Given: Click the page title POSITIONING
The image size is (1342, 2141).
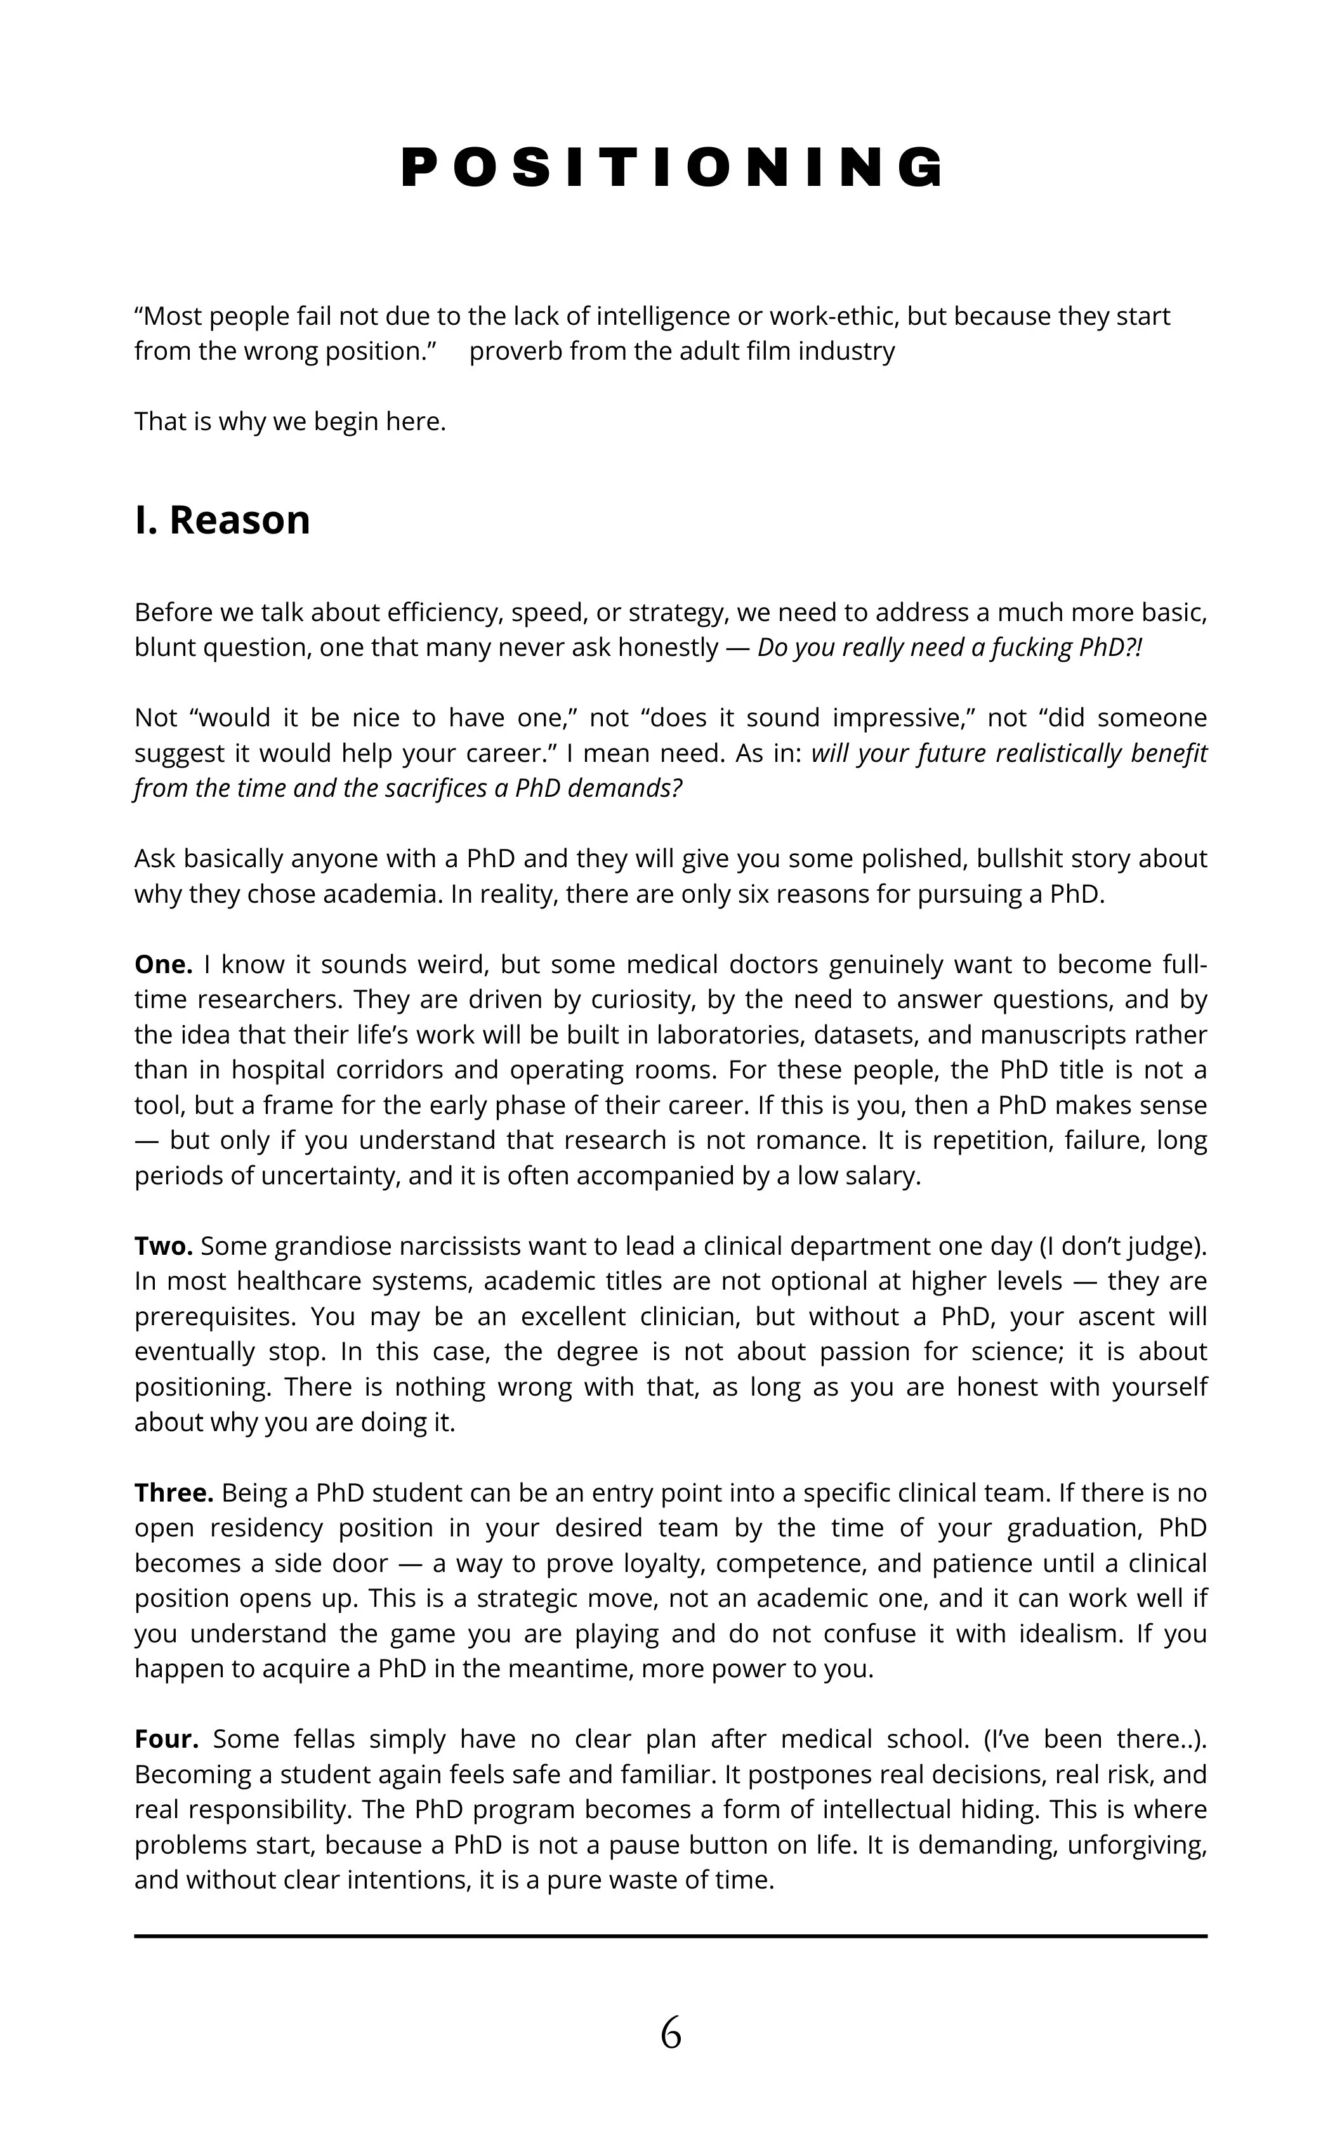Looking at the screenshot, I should pyautogui.click(x=671, y=167).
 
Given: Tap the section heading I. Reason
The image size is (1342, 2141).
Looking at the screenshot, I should pyautogui.click(x=222, y=521).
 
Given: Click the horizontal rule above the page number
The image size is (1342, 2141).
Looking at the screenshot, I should pyautogui.click(x=671, y=1936).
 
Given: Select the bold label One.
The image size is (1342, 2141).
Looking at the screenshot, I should pyautogui.click(x=163, y=964).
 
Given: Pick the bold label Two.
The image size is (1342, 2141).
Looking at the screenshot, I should pyautogui.click(x=163, y=1247).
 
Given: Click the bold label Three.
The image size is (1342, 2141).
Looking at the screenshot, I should pyautogui.click(x=174, y=1493).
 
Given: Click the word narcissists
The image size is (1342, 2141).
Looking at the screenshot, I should pyautogui.click(x=447, y=1247).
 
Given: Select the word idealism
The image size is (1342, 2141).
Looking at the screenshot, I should pyautogui.click(x=1070, y=1634).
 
